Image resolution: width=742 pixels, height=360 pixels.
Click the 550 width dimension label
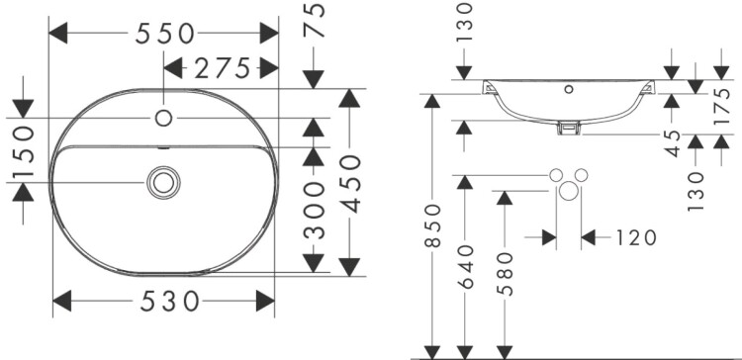point(164,34)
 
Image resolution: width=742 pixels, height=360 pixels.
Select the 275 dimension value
point(222,68)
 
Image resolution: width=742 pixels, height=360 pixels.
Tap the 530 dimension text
point(169,302)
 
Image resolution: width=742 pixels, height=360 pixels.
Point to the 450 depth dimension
point(350,184)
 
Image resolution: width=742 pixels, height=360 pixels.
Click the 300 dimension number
point(315,210)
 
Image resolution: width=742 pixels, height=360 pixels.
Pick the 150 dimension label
point(24,151)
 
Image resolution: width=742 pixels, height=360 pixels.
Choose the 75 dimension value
point(315,20)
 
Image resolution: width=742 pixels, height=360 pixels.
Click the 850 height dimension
point(432,225)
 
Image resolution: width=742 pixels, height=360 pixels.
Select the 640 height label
point(466,266)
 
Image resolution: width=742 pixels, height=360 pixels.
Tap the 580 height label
point(506,274)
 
